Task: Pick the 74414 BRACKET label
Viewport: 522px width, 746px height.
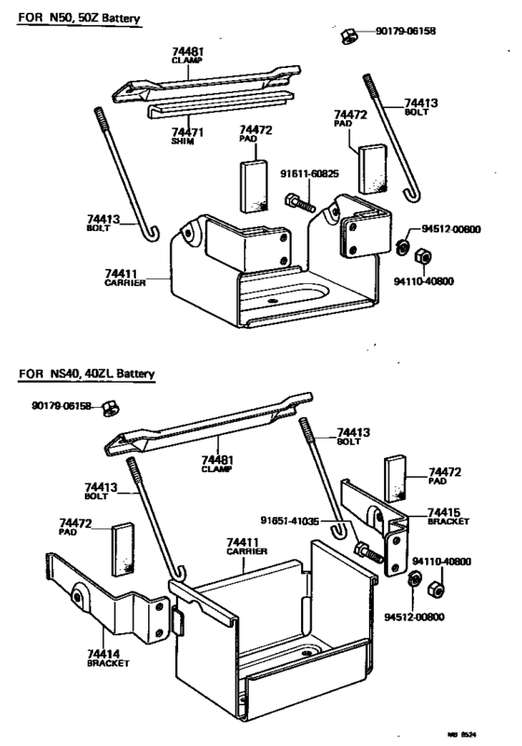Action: click(x=108, y=658)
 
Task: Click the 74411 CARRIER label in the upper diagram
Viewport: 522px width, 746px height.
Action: click(x=125, y=278)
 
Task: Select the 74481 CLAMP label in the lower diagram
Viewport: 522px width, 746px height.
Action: click(x=215, y=463)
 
